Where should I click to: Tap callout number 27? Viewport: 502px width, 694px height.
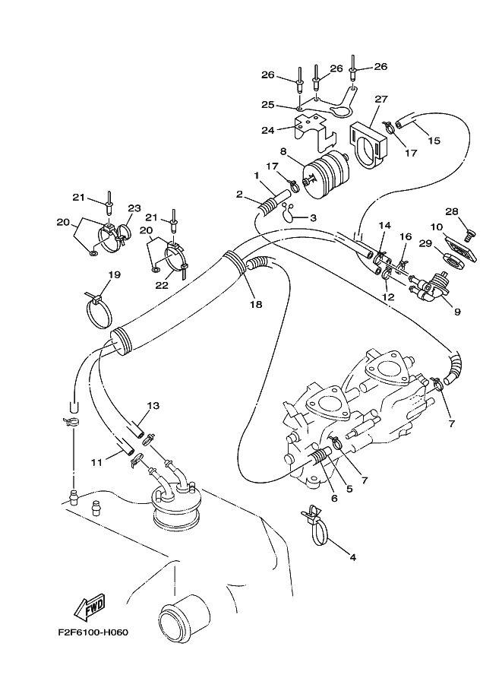[x=380, y=100]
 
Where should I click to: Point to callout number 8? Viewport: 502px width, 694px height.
[x=284, y=151]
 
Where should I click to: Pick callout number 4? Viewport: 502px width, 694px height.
[x=352, y=556]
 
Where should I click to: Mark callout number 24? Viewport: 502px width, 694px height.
[x=267, y=130]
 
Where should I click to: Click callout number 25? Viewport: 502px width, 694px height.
[x=267, y=105]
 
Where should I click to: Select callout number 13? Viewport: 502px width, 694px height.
[x=153, y=406]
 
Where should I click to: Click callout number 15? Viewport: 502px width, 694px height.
[x=434, y=140]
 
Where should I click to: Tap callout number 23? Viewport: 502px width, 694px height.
[x=134, y=208]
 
